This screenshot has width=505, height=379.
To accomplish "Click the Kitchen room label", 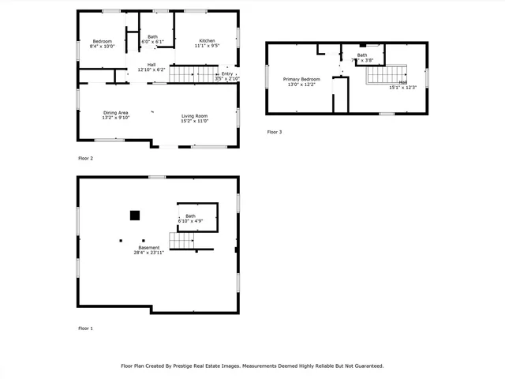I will pyautogui.click(x=207, y=40).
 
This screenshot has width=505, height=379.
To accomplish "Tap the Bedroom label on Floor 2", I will pyautogui.click(x=102, y=41).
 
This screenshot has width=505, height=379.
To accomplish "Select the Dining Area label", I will pyautogui.click(x=116, y=113).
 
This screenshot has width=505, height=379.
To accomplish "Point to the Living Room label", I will pyautogui.click(x=194, y=115).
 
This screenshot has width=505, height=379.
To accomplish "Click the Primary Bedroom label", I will pyautogui.click(x=302, y=80).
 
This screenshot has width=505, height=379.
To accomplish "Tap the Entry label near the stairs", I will pyautogui.click(x=227, y=73).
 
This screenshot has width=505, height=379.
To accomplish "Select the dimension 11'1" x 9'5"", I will pyautogui.click(x=207, y=46).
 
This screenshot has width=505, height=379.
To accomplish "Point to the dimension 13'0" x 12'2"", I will pyautogui.click(x=302, y=85).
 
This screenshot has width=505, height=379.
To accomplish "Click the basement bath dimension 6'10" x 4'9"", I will pyautogui.click(x=190, y=221).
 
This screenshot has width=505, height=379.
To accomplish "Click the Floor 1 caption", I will pyautogui.click(x=85, y=328).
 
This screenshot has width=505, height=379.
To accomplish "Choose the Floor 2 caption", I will pyautogui.click(x=85, y=158).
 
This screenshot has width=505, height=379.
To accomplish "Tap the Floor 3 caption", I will pyautogui.click(x=274, y=132).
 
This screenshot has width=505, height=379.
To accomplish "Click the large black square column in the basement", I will pyautogui.click(x=135, y=214).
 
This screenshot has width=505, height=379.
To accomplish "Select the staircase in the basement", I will pyautogui.click(x=181, y=241).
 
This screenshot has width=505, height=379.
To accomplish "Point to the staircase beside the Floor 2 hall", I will pyautogui.click(x=193, y=74).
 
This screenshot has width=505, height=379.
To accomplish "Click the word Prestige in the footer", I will pyautogui.click(x=204, y=366).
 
